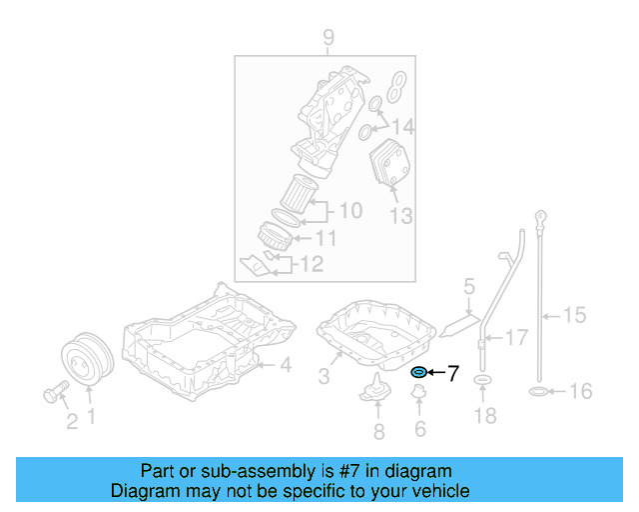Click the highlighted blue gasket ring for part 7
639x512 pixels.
point(418,374)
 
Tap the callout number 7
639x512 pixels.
point(452,374)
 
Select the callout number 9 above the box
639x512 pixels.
point(327,39)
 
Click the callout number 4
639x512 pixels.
point(285,366)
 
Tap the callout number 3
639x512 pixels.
point(323,376)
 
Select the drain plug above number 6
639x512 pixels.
point(417,402)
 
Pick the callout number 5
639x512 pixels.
point(467,289)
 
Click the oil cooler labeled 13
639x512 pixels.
point(389,165)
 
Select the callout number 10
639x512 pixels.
point(349,211)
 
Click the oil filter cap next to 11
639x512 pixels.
point(275,238)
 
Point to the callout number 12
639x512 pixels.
point(312,265)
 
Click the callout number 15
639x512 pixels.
point(573,316)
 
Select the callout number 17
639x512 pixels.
point(515,339)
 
